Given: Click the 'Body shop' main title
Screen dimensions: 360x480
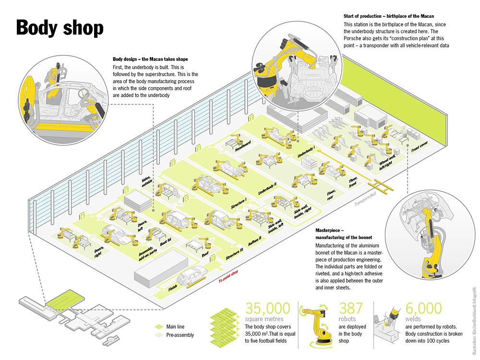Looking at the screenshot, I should (x=60, y=28).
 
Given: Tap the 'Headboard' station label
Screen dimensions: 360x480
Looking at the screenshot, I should (x=243, y=145).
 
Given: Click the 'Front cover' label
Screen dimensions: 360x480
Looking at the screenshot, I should (x=419, y=146).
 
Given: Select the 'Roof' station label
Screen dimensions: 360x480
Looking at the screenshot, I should (x=205, y=255).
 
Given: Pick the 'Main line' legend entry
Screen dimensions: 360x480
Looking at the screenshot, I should (x=176, y=326).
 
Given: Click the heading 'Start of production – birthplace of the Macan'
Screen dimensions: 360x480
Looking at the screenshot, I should (x=389, y=16).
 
